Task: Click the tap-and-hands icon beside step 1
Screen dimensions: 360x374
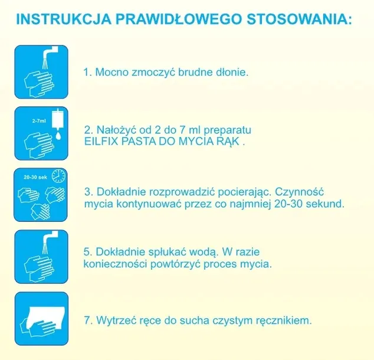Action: (x=41, y=73)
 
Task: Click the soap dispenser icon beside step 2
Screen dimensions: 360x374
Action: (x=41, y=134)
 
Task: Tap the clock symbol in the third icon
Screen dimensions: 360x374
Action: (x=57, y=176)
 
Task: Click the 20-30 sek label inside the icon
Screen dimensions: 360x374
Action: (x=35, y=176)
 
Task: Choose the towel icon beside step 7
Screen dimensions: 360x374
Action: (x=41, y=319)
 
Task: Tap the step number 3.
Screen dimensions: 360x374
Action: (x=88, y=192)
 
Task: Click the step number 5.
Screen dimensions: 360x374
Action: (x=88, y=251)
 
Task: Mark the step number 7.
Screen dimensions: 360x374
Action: (x=88, y=320)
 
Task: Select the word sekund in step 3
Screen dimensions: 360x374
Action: (x=327, y=204)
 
